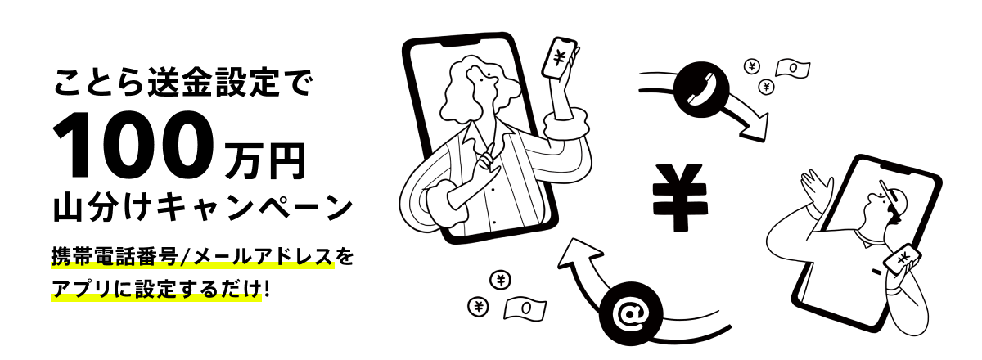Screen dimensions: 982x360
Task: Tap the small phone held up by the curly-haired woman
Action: (x=561, y=57)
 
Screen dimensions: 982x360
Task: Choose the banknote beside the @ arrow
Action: (x=525, y=307)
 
